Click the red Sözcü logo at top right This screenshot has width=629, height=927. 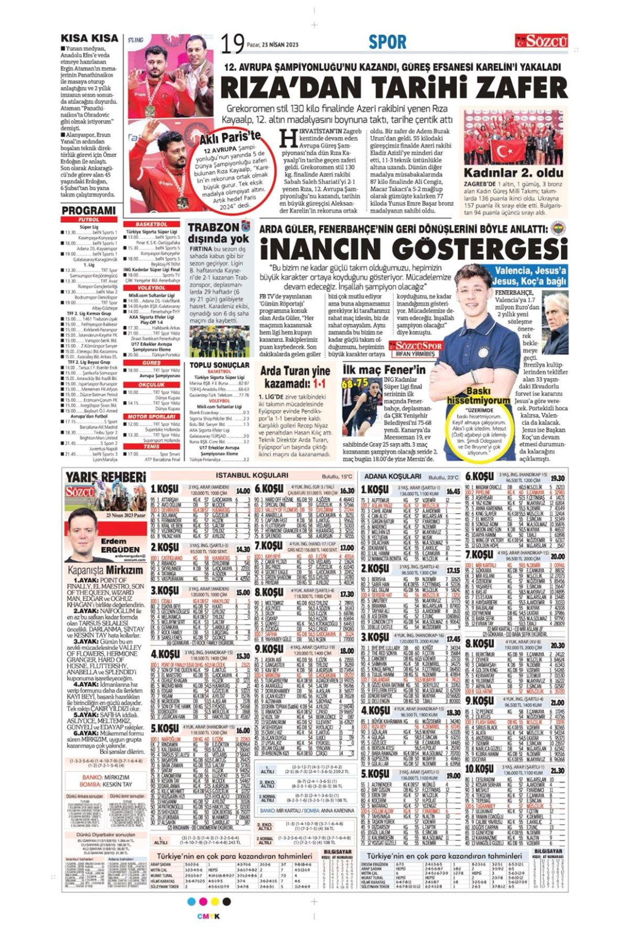point(541,41)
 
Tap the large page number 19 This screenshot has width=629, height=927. point(232,44)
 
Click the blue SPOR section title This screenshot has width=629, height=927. point(387,42)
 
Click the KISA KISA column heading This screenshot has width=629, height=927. point(89,38)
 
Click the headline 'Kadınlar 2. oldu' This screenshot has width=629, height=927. point(513,173)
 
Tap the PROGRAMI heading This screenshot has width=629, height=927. point(89,211)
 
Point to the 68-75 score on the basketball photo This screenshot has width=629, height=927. point(355,383)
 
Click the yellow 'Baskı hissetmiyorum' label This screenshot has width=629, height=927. point(478,395)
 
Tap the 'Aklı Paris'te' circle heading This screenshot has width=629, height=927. point(230,138)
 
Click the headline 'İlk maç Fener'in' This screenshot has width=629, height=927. point(384,370)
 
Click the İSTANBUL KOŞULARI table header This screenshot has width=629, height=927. point(252,476)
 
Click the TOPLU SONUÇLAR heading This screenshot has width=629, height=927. point(219,365)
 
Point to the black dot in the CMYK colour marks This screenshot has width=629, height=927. point(226,901)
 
